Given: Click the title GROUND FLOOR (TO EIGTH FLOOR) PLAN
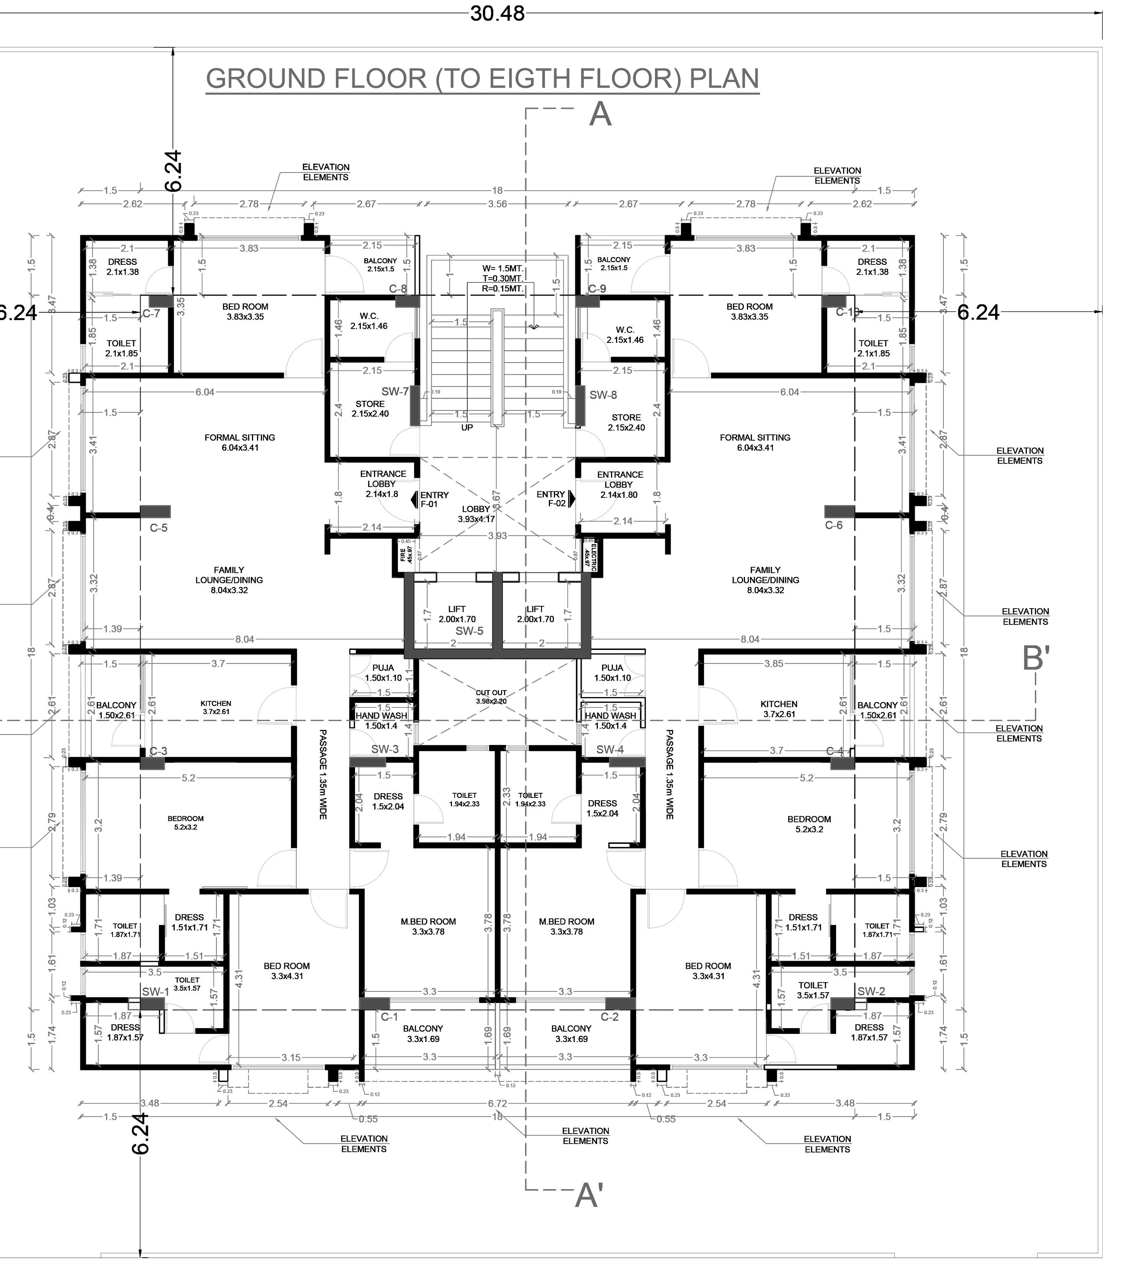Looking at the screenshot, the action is pyautogui.click(x=482, y=79).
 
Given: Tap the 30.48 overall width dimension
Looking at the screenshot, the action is pyautogui.click(x=497, y=13).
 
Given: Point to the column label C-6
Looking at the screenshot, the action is pyautogui.click(x=833, y=525).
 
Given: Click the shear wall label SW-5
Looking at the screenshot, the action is pyautogui.click(x=469, y=631).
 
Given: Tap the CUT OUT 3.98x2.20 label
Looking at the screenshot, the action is pyautogui.click(x=491, y=696).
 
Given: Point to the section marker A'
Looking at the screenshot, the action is pyautogui.click(x=588, y=1195).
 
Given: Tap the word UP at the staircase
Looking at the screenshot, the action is pyautogui.click(x=467, y=427).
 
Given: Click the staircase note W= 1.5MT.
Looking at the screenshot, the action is pyautogui.click(x=503, y=269).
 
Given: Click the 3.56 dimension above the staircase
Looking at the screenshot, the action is pyautogui.click(x=498, y=203).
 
